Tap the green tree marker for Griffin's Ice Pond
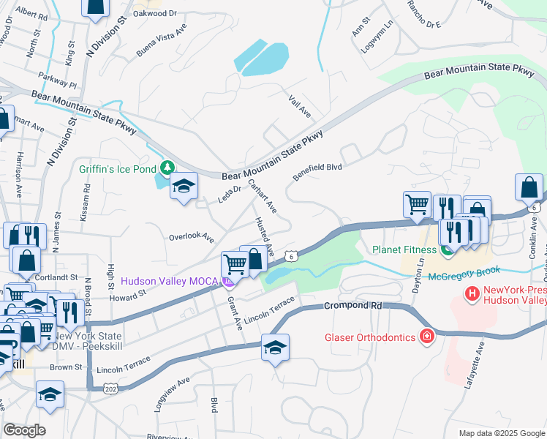168,168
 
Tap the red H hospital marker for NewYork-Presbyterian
472,294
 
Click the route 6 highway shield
291,255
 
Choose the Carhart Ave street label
262,196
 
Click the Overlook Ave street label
191,239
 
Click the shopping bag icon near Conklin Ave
529,188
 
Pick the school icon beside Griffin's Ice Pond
184,187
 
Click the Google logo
24,430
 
